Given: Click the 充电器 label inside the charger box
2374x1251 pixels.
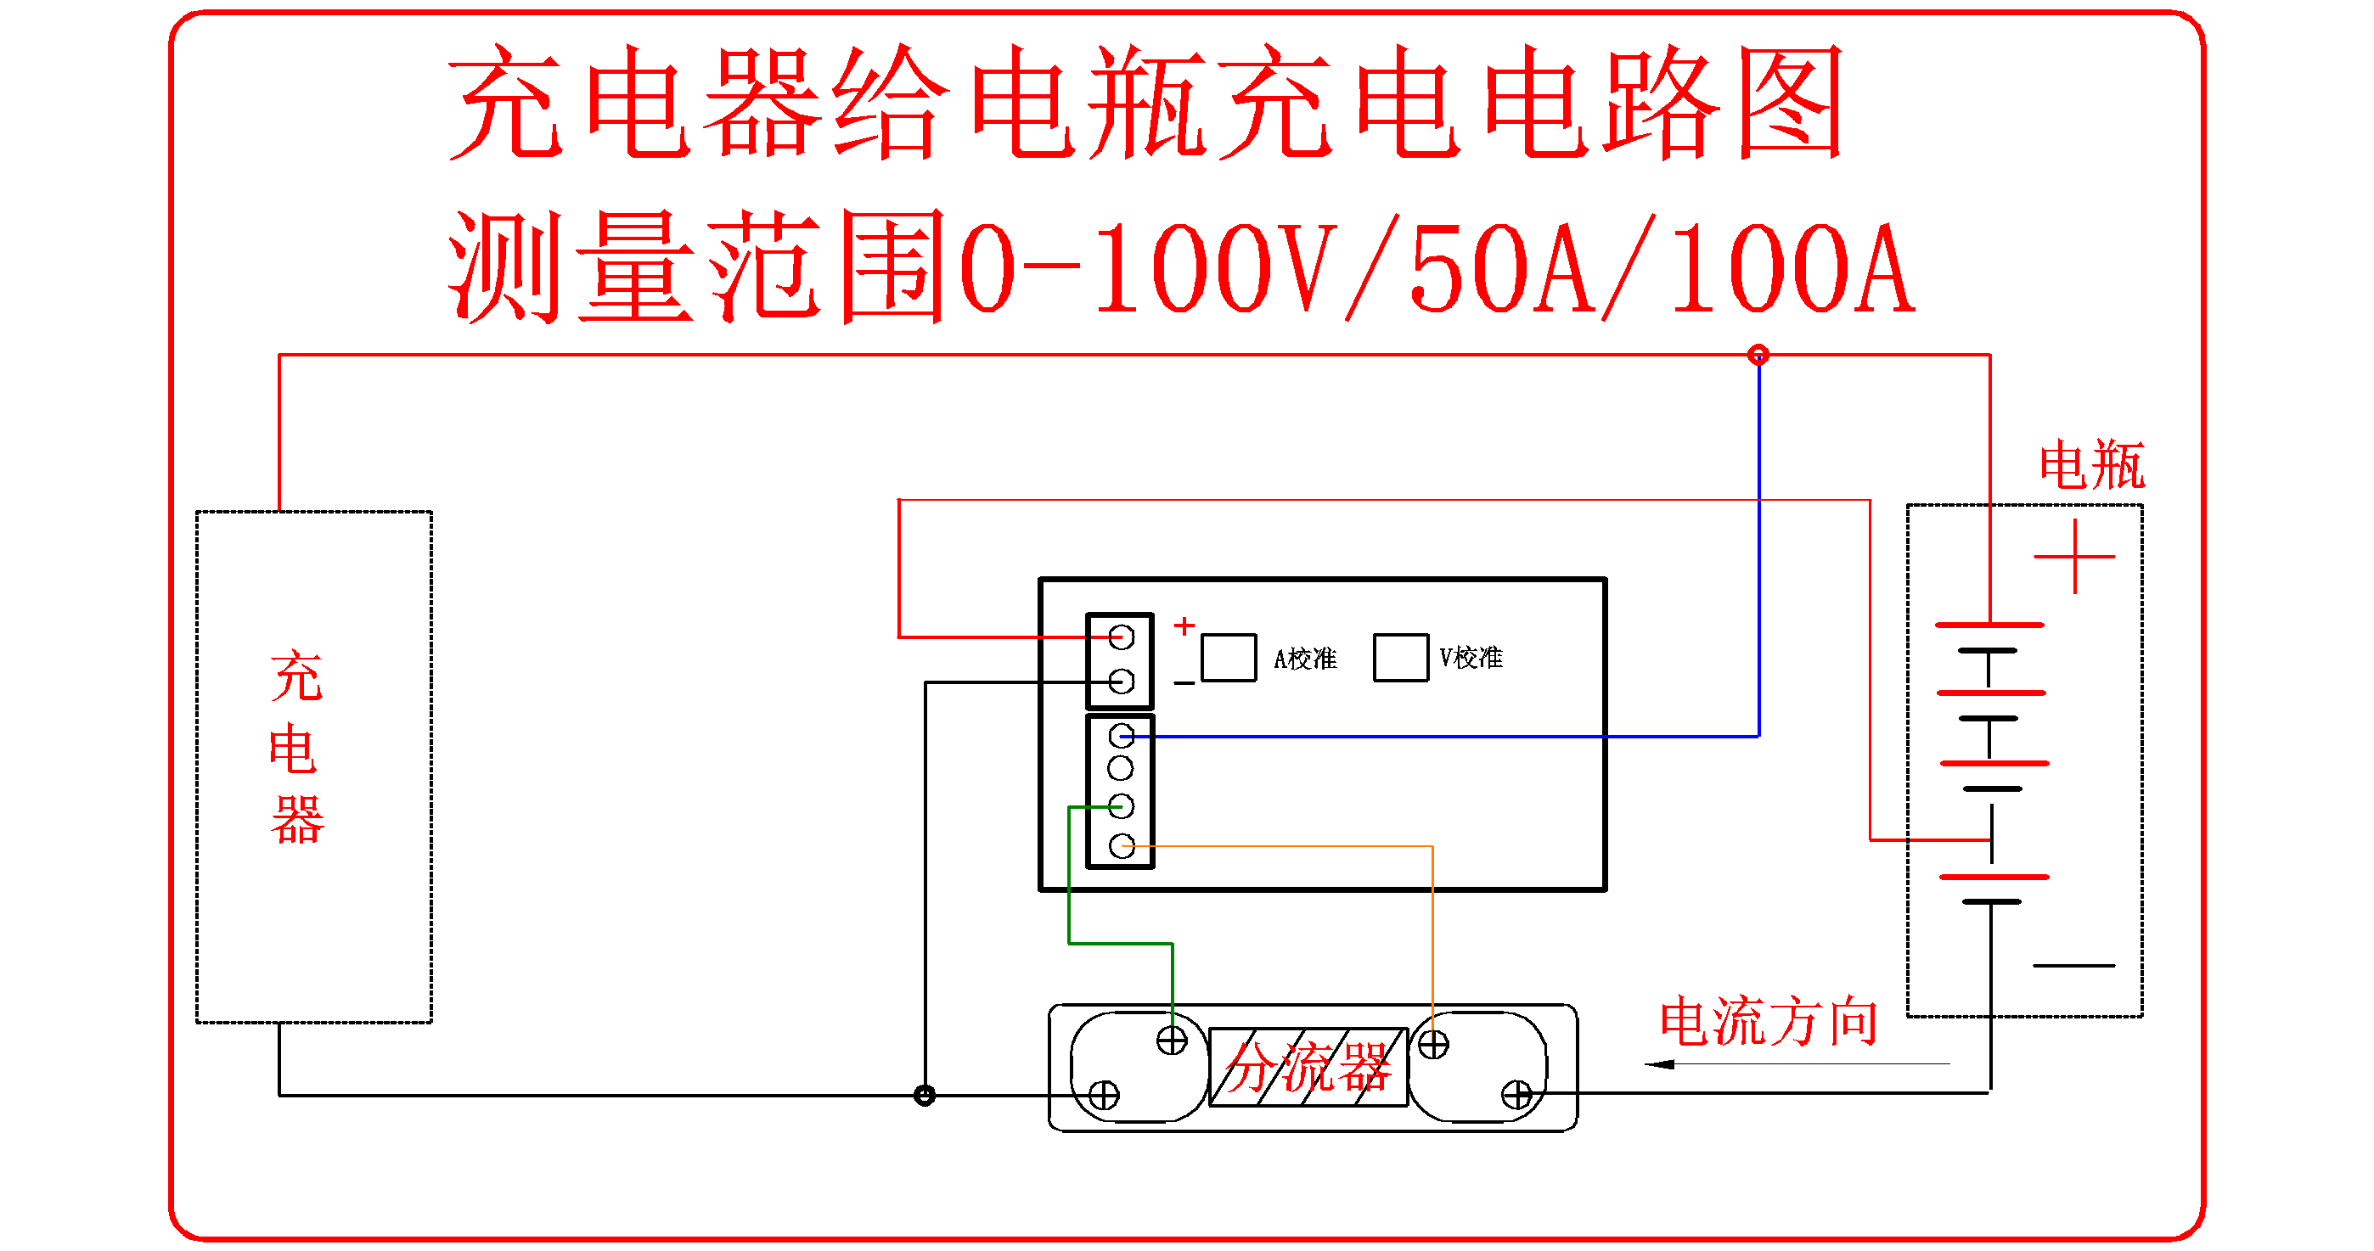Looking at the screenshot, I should click(x=297, y=748).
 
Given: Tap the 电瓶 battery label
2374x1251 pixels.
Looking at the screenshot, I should click(x=2091, y=465).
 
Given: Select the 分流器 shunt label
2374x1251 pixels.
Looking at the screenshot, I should click(x=1308, y=1068).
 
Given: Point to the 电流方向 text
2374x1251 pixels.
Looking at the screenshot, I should click(x=1769, y=1022).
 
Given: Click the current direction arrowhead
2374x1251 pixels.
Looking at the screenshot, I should click(x=1660, y=1065).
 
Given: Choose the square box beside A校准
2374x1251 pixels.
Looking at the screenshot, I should click(x=1229, y=658).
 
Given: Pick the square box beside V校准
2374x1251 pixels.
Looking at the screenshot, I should click(x=1401, y=658).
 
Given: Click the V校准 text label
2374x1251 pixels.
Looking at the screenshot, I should click(x=1471, y=658).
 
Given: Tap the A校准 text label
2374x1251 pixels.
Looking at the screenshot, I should click(x=1305, y=659).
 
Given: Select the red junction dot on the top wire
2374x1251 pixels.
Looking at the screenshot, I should click(x=1758, y=355).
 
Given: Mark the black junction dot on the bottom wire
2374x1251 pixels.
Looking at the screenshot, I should click(x=925, y=1096).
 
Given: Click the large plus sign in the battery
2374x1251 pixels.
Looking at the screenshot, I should click(x=2074, y=557).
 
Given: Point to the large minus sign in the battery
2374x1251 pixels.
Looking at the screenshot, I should click(x=2073, y=966).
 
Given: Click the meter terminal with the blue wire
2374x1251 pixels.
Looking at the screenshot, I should click(x=1122, y=735).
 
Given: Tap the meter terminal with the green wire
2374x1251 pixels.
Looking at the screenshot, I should click(x=1122, y=807).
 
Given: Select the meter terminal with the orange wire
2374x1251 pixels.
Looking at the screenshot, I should click(x=1122, y=845).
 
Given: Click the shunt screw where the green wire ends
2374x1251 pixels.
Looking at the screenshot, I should click(x=1173, y=1041).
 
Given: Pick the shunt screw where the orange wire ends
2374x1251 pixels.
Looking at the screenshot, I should click(x=1433, y=1045).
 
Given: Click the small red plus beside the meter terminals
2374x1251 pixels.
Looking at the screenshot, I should click(x=1184, y=626).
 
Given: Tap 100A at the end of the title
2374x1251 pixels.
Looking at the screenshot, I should click(x=1792, y=269).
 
